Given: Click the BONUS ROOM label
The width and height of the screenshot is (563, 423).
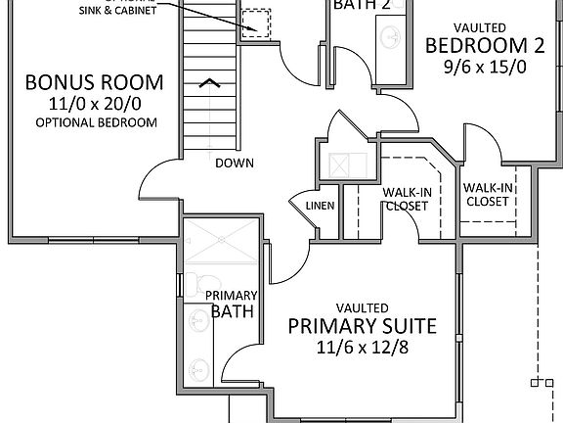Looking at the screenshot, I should click(x=94, y=81).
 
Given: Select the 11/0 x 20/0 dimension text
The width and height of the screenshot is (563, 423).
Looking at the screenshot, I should click(x=94, y=103).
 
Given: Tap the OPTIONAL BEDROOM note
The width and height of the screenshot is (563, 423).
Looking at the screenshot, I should click(x=96, y=122).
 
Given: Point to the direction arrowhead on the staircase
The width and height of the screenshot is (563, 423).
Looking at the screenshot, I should click(x=209, y=84).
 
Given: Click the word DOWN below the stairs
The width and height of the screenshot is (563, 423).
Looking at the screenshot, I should click(x=230, y=163).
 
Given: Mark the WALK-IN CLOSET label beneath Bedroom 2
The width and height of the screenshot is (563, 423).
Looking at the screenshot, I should click(x=487, y=194).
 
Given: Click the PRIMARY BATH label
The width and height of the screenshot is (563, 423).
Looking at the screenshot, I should click(x=232, y=304).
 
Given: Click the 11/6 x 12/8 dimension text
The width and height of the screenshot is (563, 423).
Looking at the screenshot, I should click(x=362, y=348).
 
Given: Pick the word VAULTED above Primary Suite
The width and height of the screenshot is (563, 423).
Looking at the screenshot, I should click(x=362, y=306).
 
